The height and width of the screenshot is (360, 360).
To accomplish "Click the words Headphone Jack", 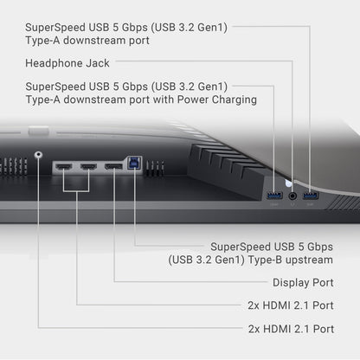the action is [x=67, y=63].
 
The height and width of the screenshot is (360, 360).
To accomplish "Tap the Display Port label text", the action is [x=303, y=283].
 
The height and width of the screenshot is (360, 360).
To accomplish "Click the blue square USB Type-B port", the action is [x=134, y=163].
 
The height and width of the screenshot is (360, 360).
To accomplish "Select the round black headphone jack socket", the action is [x=292, y=196].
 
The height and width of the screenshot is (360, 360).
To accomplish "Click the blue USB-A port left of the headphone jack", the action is [x=274, y=196].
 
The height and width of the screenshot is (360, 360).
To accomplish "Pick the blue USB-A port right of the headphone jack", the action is [x=311, y=196].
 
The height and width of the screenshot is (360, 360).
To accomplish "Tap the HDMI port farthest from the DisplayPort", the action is [x=64, y=167].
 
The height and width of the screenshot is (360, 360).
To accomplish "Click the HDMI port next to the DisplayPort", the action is [x=88, y=167].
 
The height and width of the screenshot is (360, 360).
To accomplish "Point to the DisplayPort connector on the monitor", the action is [x=113, y=166].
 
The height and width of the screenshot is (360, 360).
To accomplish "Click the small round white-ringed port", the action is [x=38, y=155].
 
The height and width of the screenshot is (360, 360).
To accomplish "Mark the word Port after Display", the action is [x=323, y=283].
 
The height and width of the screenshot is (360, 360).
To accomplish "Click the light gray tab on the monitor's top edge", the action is [x=38, y=131].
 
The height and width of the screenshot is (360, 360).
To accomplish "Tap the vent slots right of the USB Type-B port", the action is [x=155, y=168].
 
